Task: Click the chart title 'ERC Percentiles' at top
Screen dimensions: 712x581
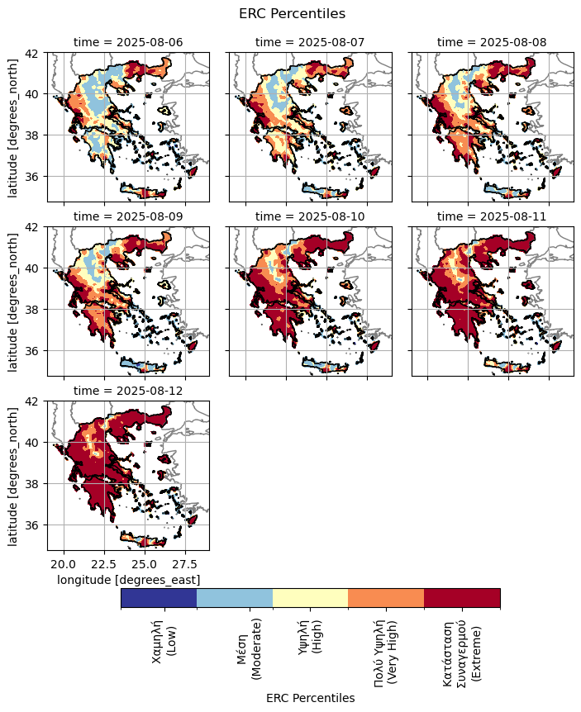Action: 291,13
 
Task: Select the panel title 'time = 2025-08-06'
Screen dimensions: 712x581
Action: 128,41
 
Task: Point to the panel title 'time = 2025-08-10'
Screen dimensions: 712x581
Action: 310,216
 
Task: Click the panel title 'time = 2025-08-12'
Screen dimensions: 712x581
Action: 128,390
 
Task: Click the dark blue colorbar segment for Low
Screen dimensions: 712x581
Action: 159,598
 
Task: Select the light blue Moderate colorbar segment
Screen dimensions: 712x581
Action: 235,598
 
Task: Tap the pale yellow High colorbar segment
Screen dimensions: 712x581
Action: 310,598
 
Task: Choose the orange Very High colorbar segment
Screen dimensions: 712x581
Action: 386,598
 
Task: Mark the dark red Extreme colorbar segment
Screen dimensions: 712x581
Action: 462,598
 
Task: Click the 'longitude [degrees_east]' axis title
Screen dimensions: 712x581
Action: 128,580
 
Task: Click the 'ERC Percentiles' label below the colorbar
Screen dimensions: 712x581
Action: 310,698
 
